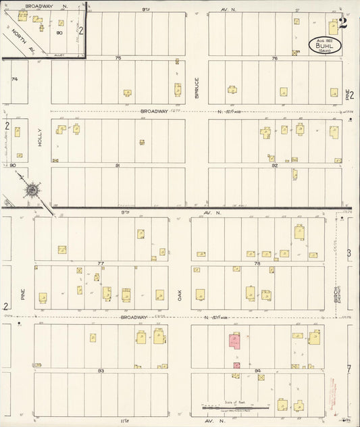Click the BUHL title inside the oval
325,43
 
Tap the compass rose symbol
32,192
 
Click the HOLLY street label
41,138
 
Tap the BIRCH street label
335,294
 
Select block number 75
118,59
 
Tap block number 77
101,262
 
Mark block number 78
257,262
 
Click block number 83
101,370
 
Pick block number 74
14,80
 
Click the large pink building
234,342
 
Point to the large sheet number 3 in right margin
349,253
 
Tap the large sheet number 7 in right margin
349,369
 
